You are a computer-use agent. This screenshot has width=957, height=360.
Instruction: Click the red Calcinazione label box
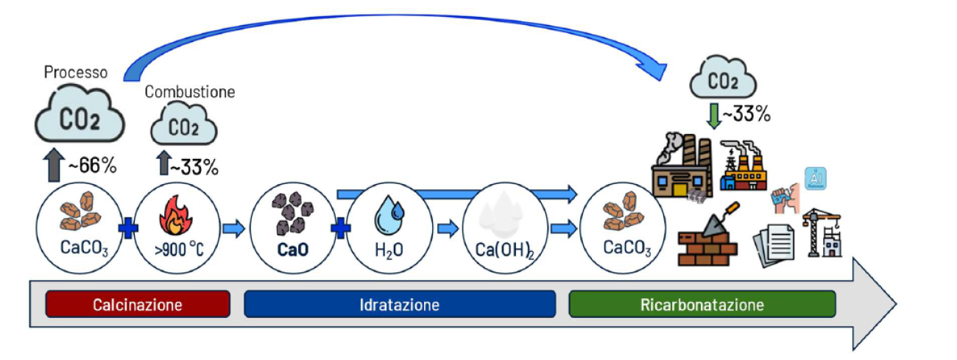point(138,304)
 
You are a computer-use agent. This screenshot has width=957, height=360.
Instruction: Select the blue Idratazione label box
point(400,304)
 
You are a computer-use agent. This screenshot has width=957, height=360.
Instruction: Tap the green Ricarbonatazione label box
point(702,304)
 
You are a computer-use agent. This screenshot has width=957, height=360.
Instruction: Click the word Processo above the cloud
point(75,73)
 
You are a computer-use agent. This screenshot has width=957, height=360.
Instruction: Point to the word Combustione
point(190,93)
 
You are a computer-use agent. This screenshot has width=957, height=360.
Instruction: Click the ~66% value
point(92,166)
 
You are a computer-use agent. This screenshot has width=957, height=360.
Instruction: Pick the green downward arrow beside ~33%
point(712,116)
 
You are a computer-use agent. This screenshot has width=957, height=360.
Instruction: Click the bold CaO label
point(292,249)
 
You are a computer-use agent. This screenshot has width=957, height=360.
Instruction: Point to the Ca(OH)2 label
point(506,249)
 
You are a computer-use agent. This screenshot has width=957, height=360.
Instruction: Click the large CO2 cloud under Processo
point(80,117)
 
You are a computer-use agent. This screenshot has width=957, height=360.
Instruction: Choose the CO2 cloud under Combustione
point(184,126)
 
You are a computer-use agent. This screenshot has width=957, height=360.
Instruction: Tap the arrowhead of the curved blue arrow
point(654,71)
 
